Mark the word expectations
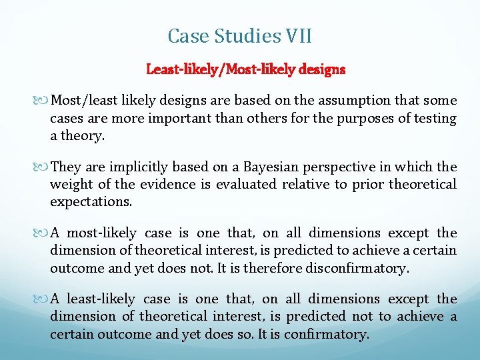point(91,201)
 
